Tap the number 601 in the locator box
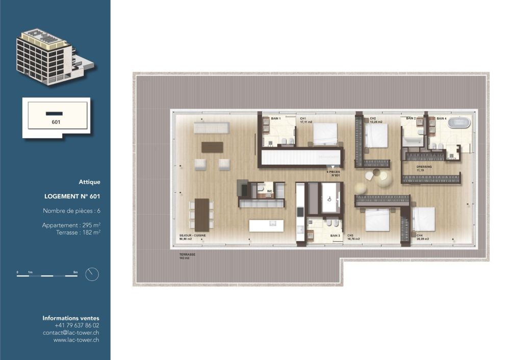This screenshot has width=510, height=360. (x=56, y=122)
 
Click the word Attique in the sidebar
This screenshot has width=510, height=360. (x=89, y=182)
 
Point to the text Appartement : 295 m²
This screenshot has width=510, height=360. (x=71, y=225)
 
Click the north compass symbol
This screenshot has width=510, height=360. (x=92, y=274)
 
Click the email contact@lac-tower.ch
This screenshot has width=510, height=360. (x=71, y=332)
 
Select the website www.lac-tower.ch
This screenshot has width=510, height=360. (x=76, y=340)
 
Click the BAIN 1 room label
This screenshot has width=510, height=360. (x=276, y=118)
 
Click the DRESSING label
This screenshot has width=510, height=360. (x=424, y=166)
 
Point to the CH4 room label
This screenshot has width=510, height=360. (x=419, y=236)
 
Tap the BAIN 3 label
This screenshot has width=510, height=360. (x=335, y=236)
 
